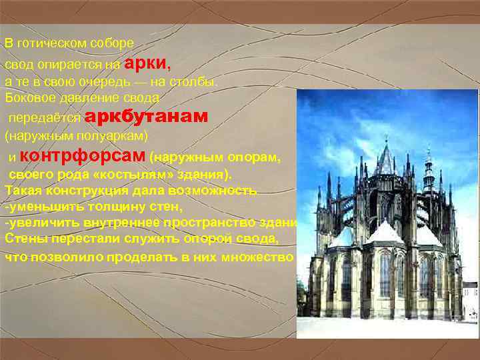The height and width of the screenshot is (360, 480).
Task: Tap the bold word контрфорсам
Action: pyautogui.click(x=83, y=156)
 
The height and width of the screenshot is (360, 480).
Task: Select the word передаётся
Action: pyautogui.click(x=44, y=118)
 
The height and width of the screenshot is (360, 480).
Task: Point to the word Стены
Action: pyautogui.click(x=23, y=239)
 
